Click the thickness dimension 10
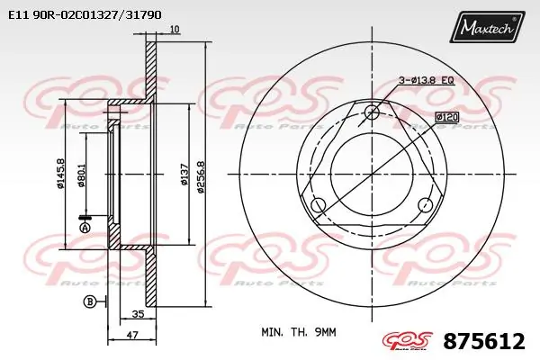pos(175,30)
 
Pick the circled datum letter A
pos(84,229)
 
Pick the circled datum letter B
pos(90,302)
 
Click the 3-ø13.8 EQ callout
pos(426,81)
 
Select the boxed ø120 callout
pos(446,117)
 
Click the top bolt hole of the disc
pos(373,112)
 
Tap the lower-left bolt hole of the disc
pos(318,206)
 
